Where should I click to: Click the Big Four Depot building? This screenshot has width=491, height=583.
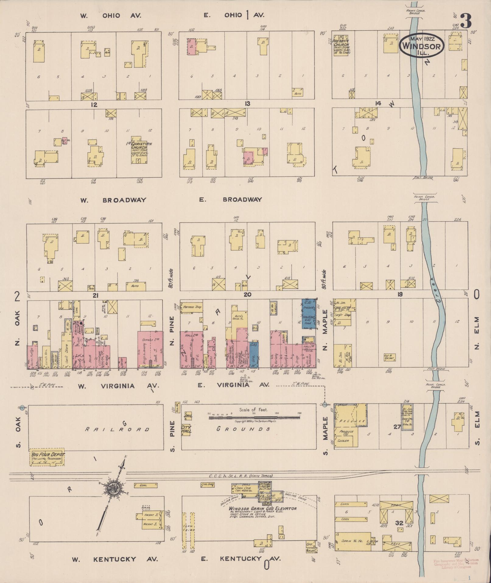pyautogui.click(x=47, y=457)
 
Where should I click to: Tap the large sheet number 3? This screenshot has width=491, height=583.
pyautogui.click(x=466, y=21)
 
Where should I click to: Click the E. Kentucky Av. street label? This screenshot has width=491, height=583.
pyautogui.click(x=240, y=559)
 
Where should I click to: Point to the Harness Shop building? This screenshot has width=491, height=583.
pyautogui.click(x=191, y=307)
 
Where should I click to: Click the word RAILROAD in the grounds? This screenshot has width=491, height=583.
pyautogui.click(x=117, y=429)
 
